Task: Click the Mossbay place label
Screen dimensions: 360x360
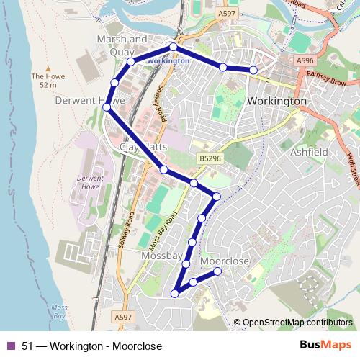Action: [x=162, y=256]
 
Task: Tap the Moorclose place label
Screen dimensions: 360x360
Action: [x=224, y=261]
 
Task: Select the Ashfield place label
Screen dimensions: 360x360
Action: [x=310, y=153]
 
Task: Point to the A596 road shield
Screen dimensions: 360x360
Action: [x=305, y=63]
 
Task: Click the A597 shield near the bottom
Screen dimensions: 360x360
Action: [x=123, y=316]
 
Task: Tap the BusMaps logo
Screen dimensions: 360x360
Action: [x=325, y=346]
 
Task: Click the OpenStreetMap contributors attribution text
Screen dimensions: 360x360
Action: [x=297, y=323]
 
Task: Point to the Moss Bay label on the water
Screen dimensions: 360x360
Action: [x=59, y=312]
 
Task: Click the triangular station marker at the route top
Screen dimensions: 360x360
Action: [x=173, y=47]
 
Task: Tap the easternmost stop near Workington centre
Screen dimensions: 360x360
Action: [x=253, y=70]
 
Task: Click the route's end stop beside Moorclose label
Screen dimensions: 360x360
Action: [x=218, y=271]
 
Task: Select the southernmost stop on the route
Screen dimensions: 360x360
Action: [x=175, y=293]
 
